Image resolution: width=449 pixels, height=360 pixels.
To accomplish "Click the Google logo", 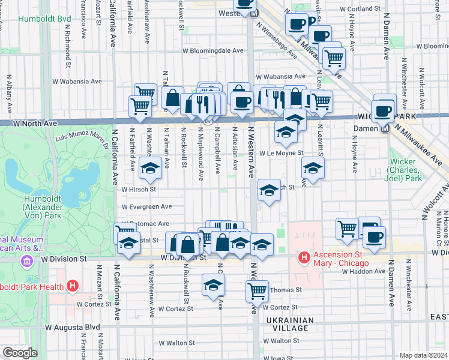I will pos(19,353).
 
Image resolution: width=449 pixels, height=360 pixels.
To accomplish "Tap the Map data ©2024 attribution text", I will pos(423,355).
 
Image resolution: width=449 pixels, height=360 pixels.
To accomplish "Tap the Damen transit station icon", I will pos(385,127).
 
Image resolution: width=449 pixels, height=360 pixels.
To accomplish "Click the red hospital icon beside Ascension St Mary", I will pos(304,257).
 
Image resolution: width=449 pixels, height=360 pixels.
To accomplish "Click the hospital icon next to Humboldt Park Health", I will pos(73,286).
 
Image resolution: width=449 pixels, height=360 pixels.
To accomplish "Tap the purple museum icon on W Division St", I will pos(26,261).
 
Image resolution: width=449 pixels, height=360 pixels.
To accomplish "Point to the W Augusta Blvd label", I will pos(73,328).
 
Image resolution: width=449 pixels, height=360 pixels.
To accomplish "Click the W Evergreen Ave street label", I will pos(146,206).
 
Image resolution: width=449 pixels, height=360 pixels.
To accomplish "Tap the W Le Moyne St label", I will pos(281,154).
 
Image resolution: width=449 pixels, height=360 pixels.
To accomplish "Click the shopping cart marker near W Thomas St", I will pos(257,291).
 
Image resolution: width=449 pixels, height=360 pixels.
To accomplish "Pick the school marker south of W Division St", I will pos(212,286).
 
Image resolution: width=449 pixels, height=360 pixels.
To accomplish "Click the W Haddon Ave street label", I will pos(363,271).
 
